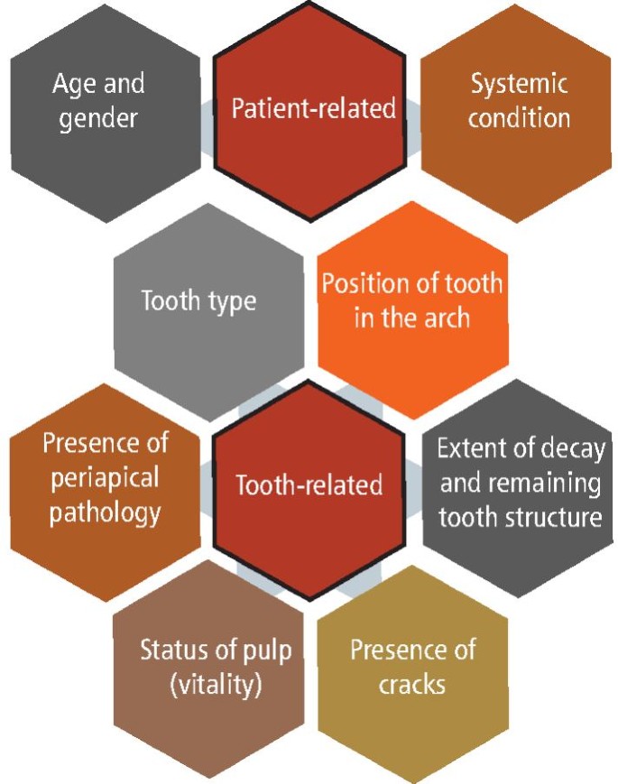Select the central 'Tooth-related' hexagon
[x=309, y=485]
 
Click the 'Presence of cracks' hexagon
[x=412, y=668]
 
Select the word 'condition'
[x=520, y=117]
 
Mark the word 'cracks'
[x=411, y=684]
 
